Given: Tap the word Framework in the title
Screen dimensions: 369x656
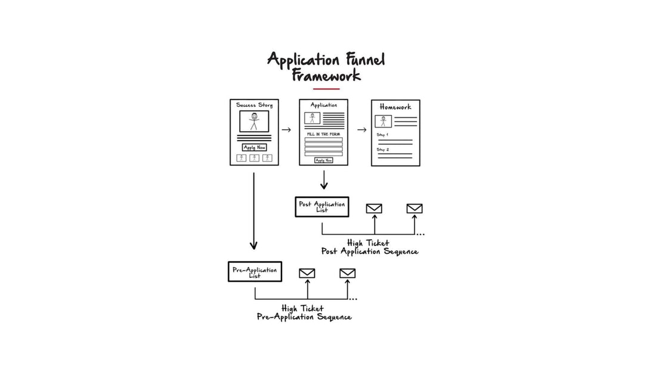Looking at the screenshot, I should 326,76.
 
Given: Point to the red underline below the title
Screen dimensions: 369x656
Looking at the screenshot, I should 326,89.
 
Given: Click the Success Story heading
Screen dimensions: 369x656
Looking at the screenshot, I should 254,106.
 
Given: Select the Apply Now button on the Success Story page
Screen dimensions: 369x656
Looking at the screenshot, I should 254,147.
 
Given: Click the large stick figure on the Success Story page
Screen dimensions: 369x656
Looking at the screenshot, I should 254,121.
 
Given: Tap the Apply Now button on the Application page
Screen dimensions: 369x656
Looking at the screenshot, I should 324,160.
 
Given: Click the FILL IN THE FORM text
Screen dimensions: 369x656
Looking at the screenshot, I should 324,134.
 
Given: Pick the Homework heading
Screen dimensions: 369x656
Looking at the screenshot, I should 395,107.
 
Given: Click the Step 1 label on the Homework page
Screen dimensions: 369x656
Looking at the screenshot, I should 383,135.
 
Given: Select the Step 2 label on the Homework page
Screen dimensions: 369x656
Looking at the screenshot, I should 383,149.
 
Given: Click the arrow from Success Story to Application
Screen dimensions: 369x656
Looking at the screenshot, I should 286,129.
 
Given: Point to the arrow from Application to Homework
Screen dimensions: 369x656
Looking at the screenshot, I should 361,129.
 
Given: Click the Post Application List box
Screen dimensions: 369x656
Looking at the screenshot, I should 322,206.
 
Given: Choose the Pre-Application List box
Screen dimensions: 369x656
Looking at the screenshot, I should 255,272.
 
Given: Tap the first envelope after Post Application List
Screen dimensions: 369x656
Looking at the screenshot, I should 374,209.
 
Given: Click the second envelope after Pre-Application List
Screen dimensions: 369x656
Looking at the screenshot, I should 347,274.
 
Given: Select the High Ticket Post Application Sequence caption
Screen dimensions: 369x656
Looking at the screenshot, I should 369,247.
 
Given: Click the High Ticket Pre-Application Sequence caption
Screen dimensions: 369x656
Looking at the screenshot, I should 304,312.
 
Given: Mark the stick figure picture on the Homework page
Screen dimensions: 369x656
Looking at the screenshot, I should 383,122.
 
